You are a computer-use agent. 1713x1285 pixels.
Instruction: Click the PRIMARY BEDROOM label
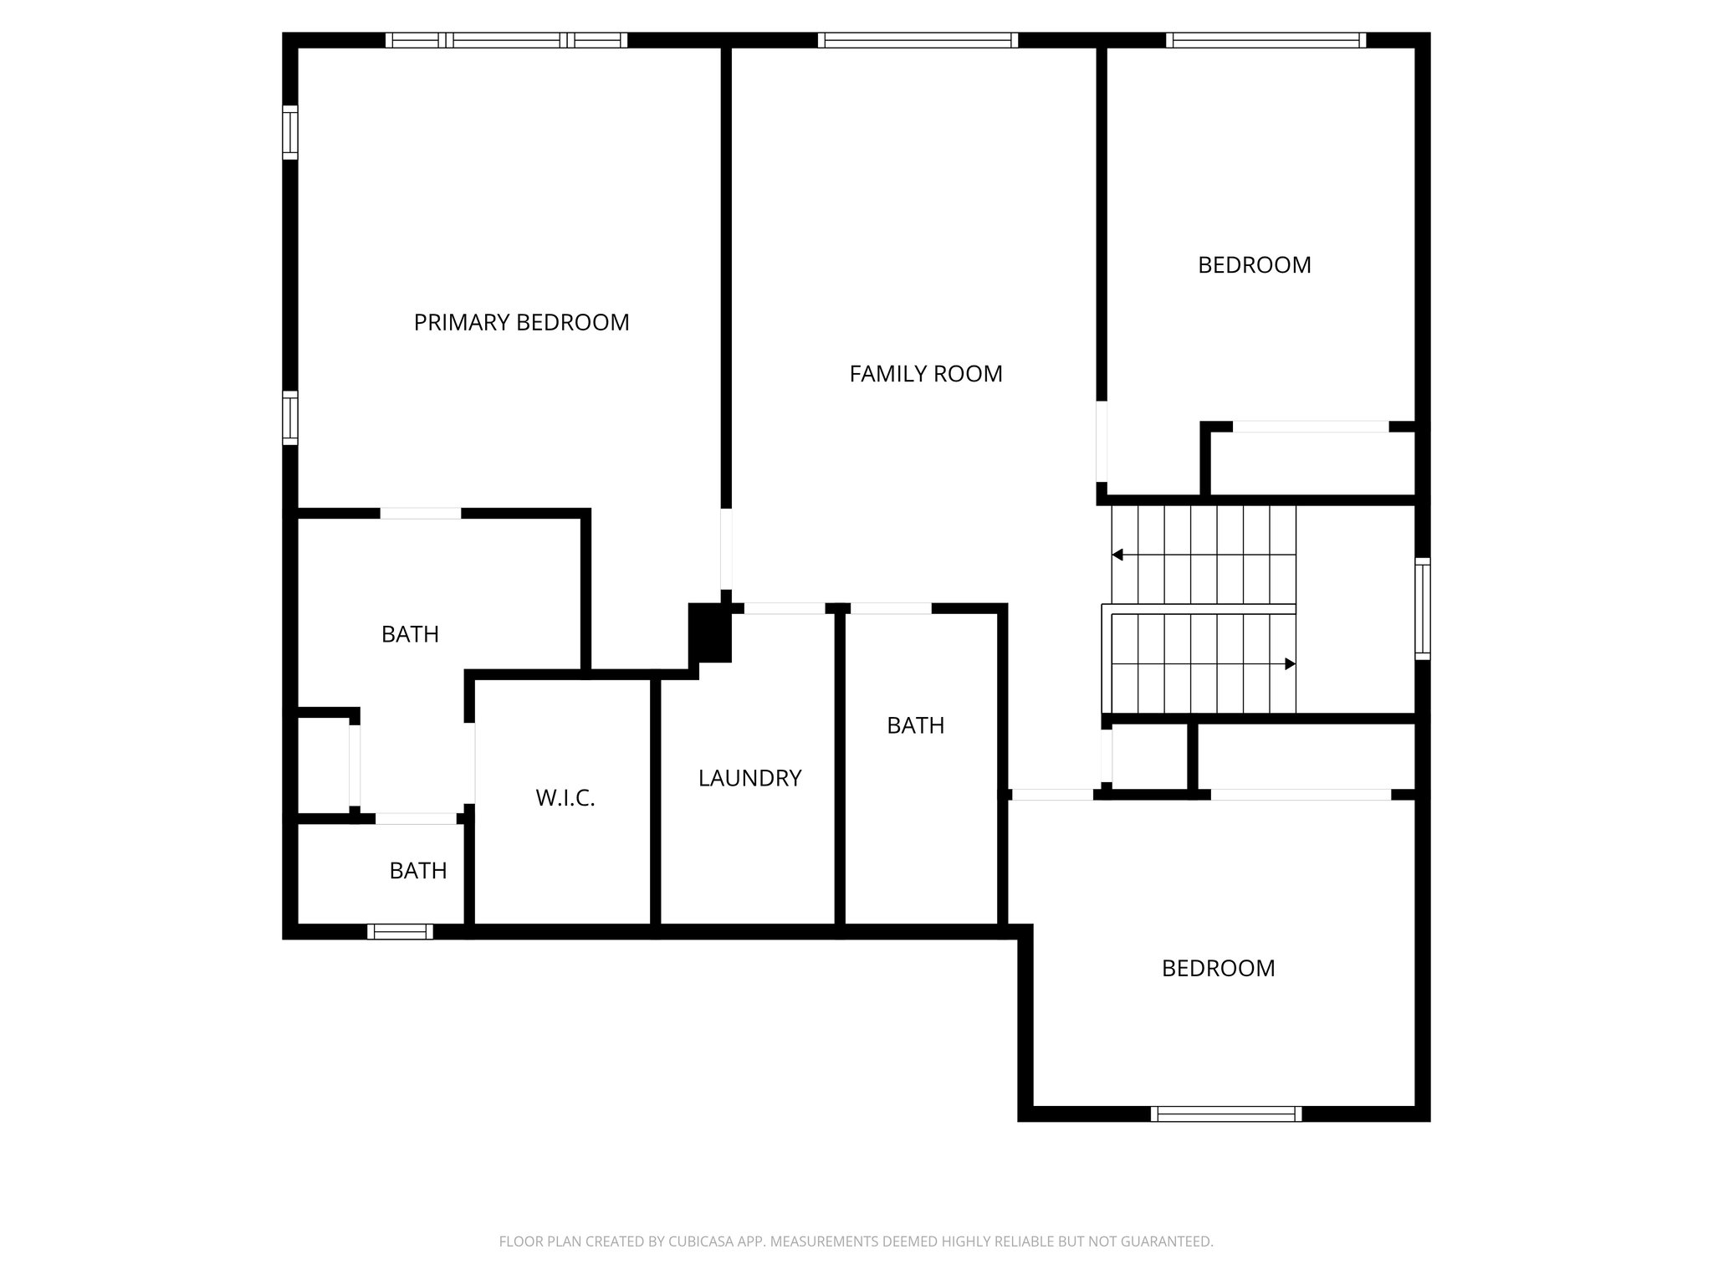click(521, 322)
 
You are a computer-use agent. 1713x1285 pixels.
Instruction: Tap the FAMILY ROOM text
click(925, 374)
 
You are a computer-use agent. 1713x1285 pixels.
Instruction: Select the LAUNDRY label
click(749, 778)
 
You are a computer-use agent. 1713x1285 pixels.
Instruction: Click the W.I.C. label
click(565, 798)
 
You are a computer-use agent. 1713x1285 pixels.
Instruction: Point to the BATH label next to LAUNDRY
click(915, 725)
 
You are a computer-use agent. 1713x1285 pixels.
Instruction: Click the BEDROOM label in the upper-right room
click(1254, 265)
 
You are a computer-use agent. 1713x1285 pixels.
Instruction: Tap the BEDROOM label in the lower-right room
click(1218, 968)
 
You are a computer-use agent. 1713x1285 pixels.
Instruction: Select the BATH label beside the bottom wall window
click(417, 871)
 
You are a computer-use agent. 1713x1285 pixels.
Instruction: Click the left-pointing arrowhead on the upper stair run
click(1117, 555)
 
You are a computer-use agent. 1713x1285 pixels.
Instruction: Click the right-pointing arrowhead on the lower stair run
click(1290, 664)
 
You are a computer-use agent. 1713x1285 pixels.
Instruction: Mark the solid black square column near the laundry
click(709, 632)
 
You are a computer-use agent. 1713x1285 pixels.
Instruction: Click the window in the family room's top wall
click(918, 40)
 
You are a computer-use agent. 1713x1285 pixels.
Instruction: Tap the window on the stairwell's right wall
click(1422, 608)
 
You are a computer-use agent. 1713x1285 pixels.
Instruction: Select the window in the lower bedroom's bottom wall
click(1226, 1113)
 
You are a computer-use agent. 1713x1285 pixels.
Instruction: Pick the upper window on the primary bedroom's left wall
click(289, 132)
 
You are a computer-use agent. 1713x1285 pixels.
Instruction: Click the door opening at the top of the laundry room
click(784, 608)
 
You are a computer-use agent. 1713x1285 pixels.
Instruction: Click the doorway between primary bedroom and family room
click(726, 549)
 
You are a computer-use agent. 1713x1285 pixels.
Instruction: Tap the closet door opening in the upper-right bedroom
click(1311, 427)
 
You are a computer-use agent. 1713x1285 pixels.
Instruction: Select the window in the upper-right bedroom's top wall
click(1266, 40)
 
